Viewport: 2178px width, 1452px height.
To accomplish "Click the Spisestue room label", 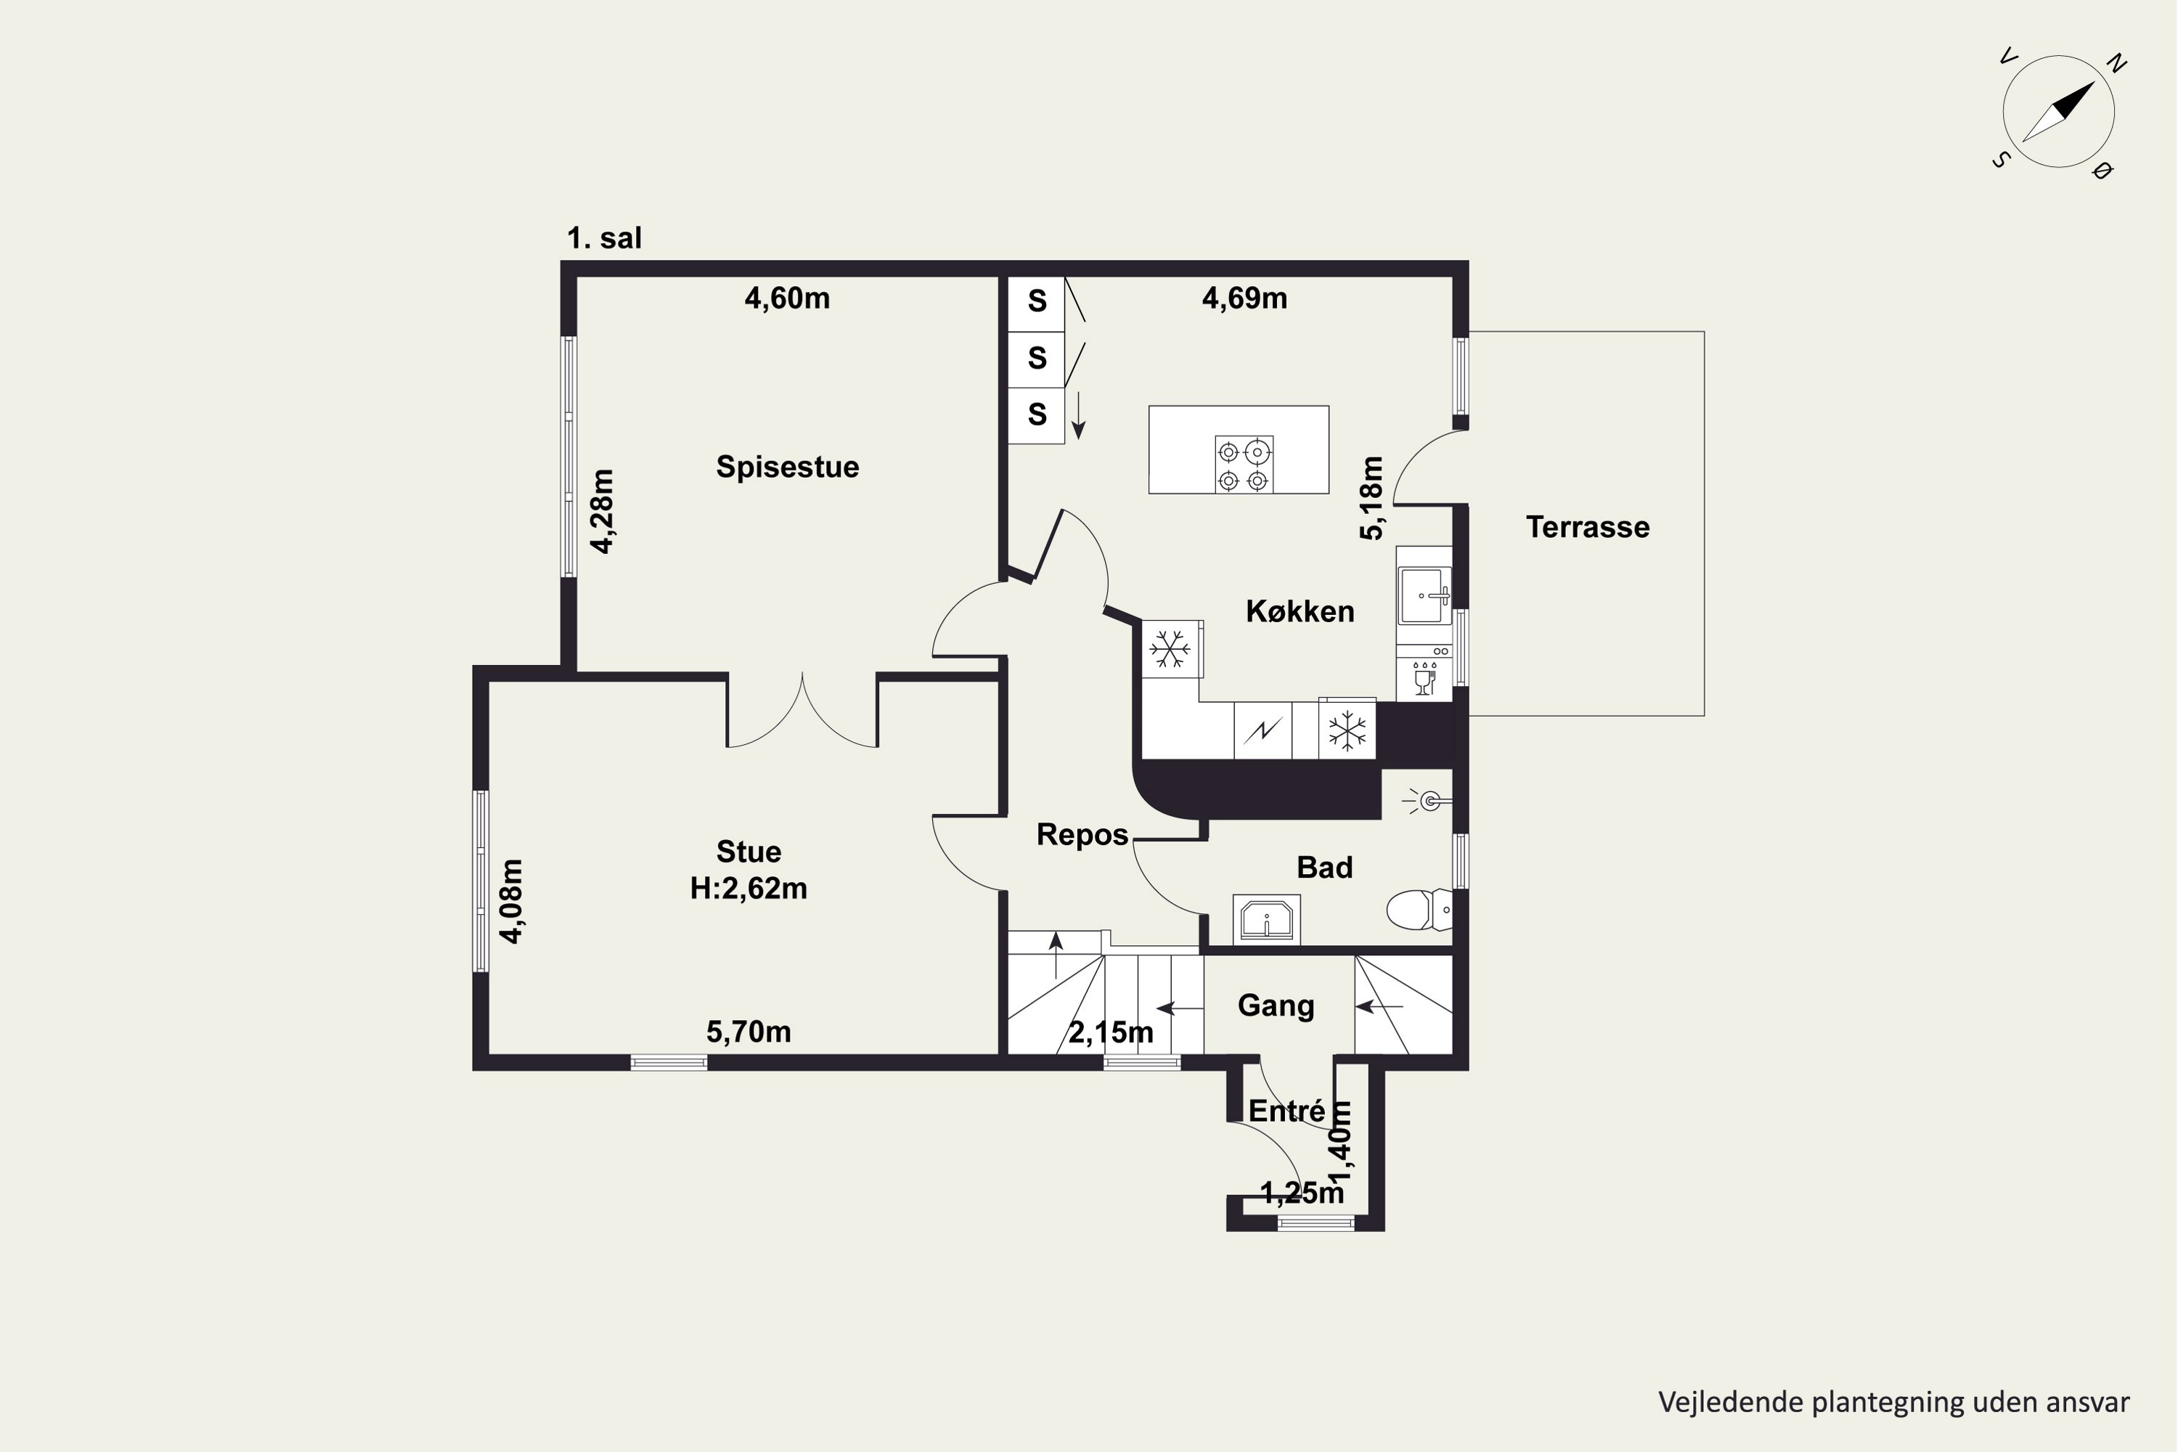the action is click(x=787, y=467).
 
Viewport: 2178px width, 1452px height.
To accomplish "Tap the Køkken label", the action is click(x=1300, y=611).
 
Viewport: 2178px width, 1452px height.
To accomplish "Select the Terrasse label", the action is click(x=1587, y=527).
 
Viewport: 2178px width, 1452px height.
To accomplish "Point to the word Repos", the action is click(x=1082, y=834).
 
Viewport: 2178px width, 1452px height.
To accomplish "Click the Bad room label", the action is click(x=1324, y=868).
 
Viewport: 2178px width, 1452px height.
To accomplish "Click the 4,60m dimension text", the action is click(x=787, y=298).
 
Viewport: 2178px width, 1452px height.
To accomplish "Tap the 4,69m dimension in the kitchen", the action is click(x=1244, y=298).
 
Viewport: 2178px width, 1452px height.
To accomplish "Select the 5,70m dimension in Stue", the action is click(x=749, y=1032).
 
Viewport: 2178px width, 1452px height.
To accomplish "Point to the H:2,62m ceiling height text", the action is click(x=749, y=889).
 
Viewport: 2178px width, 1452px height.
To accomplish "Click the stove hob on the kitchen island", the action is click(x=1244, y=465).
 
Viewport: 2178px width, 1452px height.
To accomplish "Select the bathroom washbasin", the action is click(x=1266, y=920).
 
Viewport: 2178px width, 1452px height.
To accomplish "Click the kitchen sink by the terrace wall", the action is click(x=1423, y=595).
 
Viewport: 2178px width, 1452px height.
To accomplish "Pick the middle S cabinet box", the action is click(x=1036, y=359).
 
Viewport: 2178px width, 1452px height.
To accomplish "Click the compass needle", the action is click(x=2058, y=112).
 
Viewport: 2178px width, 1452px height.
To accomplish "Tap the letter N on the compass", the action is click(x=2116, y=64).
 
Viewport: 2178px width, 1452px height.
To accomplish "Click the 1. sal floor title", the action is click(x=604, y=238).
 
